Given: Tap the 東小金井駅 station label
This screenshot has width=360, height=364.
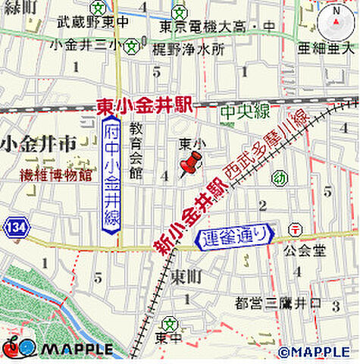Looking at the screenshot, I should point(143,107).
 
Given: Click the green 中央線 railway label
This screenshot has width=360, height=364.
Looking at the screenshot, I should point(245,112).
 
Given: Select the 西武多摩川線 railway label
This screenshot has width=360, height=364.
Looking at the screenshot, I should point(271,148).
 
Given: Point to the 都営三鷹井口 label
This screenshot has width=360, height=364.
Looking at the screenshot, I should point(279,303).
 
